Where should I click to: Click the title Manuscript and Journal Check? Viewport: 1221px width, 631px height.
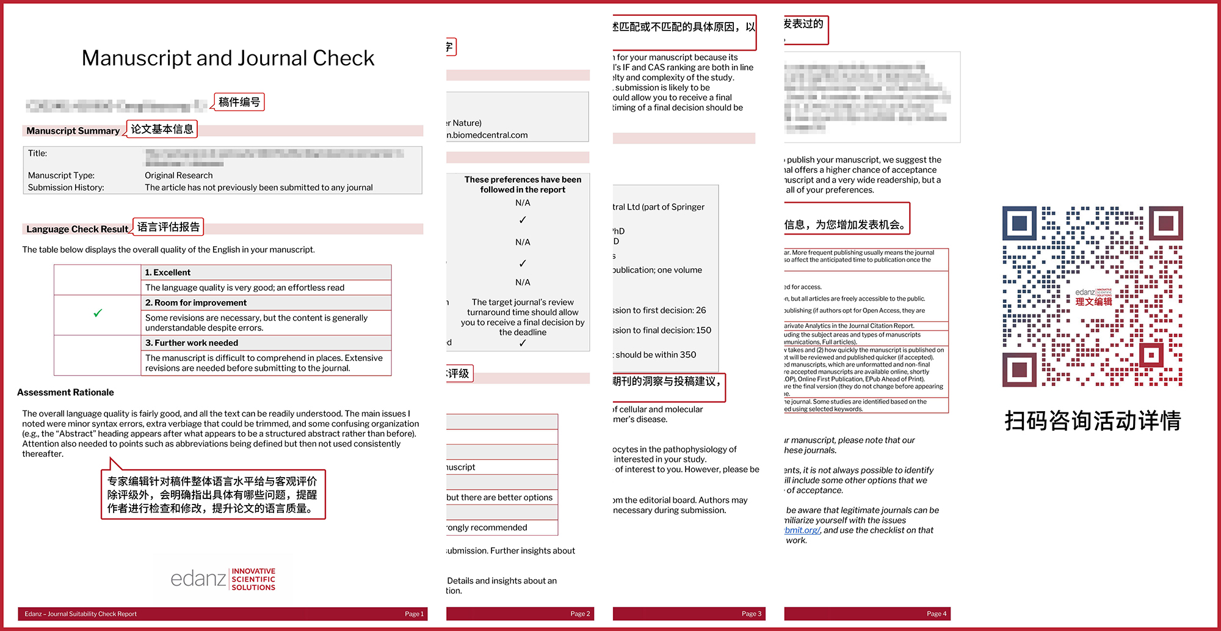[x=228, y=58]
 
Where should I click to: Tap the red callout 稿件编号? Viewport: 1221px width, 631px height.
[x=239, y=102]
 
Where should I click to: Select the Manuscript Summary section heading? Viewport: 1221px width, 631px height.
[x=73, y=131]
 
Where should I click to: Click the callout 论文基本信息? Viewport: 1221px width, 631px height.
[x=162, y=129]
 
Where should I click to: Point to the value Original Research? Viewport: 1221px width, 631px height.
[x=178, y=175]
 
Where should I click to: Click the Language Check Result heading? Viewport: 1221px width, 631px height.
[x=77, y=229]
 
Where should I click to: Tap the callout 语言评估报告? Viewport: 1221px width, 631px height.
[x=168, y=227]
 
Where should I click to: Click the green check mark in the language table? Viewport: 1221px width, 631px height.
[x=98, y=313]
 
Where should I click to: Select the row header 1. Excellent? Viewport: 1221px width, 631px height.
[x=168, y=272]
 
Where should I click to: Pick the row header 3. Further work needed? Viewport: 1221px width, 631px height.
[x=192, y=343]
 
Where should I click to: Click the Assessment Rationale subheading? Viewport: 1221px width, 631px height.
[x=65, y=392]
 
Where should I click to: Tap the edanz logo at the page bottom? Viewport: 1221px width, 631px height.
[x=223, y=578]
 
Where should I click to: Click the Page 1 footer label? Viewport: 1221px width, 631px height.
[x=414, y=614]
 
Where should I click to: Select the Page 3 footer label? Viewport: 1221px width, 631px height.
[x=751, y=614]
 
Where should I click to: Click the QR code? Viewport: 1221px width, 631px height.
[x=1092, y=296]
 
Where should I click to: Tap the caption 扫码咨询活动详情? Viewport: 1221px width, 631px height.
[x=1092, y=421]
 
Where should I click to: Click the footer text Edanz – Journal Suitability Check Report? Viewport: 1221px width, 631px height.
[x=81, y=614]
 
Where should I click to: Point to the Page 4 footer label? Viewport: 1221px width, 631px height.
[x=936, y=614]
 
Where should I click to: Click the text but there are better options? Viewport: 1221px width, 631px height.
[x=499, y=497]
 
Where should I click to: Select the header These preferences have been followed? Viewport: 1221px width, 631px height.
[x=523, y=184]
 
